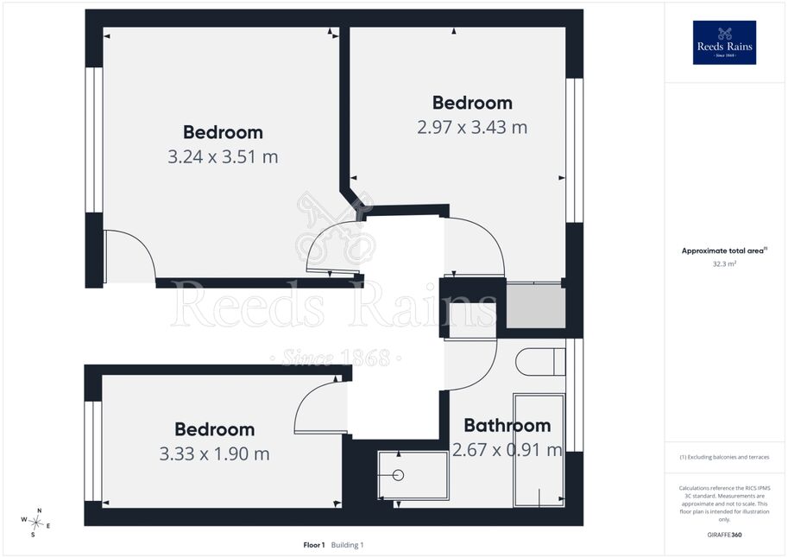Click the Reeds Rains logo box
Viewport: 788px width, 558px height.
pyautogui.click(x=724, y=42)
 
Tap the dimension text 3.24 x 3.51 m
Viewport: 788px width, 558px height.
pyautogui.click(x=223, y=157)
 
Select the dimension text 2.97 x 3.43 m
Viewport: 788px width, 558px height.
pyautogui.click(x=472, y=127)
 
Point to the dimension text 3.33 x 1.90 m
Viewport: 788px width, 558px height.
pyautogui.click(x=215, y=453)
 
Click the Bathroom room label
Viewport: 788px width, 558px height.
pyautogui.click(x=507, y=425)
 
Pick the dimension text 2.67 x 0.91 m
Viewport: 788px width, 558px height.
pyautogui.click(x=507, y=450)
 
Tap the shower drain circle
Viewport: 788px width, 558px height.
pyautogui.click(x=398, y=475)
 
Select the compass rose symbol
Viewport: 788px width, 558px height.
pyautogui.click(x=35, y=523)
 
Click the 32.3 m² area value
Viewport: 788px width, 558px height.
pyautogui.click(x=724, y=263)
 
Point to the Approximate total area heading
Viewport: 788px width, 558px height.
pyautogui.click(x=724, y=250)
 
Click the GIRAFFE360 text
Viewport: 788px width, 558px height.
pyautogui.click(x=724, y=535)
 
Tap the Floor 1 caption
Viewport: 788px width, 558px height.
pyautogui.click(x=314, y=545)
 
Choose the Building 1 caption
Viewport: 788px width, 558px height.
pyautogui.click(x=347, y=545)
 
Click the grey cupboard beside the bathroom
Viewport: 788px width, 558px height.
pyautogui.click(x=536, y=307)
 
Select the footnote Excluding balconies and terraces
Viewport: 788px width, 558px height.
pyautogui.click(x=724, y=457)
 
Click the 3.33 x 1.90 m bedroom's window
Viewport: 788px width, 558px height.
pyautogui.click(x=93, y=451)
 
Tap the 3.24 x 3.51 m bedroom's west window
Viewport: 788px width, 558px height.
pyautogui.click(x=94, y=139)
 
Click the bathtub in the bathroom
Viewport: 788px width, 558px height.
pyautogui.click(x=539, y=450)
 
